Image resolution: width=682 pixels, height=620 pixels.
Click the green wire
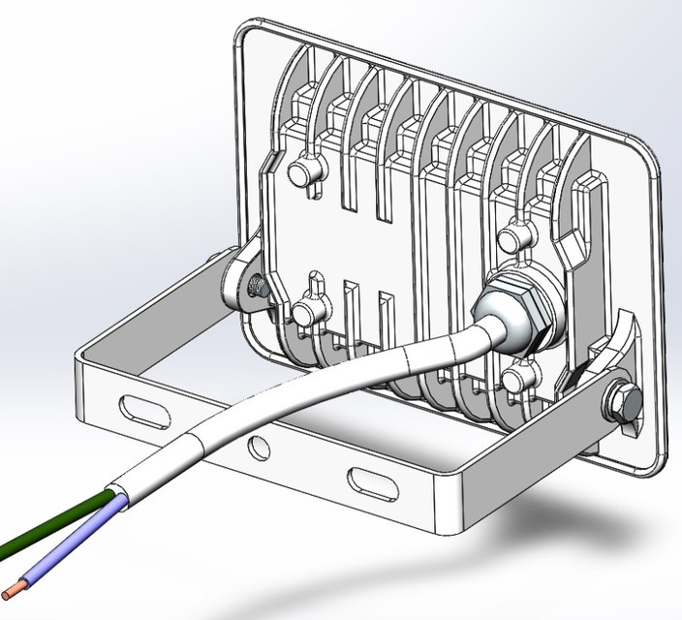tap(58, 523)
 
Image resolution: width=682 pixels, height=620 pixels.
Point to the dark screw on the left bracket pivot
tap(258, 286)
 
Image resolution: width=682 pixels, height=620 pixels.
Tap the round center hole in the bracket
tap(258, 447)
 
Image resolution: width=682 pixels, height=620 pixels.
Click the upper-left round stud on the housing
tap(301, 173)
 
